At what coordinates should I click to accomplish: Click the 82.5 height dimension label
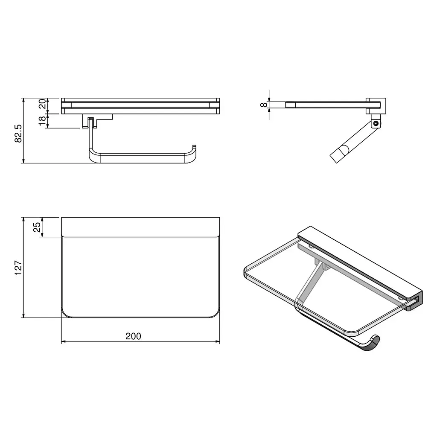[18, 134]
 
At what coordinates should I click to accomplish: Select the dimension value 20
[42, 104]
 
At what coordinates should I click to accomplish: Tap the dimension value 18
[42, 121]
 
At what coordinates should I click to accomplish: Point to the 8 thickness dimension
[263, 105]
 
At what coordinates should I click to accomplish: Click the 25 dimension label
[37, 227]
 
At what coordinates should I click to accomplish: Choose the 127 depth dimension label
[18, 268]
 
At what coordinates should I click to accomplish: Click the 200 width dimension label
[133, 336]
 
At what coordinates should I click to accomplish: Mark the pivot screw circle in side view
[376, 123]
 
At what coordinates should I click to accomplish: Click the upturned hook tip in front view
[194, 146]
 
